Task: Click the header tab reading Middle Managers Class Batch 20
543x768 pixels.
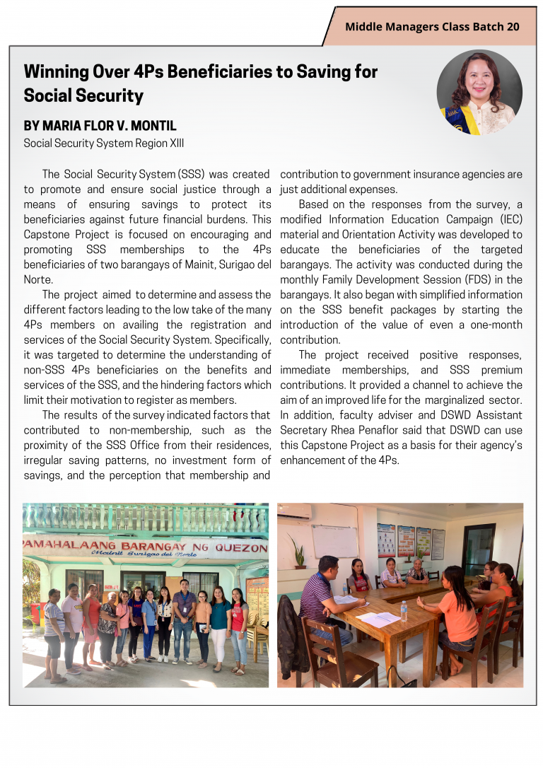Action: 432,27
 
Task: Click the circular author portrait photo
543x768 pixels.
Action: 479,92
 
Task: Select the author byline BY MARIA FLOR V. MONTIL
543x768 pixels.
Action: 100,126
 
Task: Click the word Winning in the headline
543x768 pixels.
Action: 56,71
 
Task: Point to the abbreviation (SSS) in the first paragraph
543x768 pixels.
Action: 191,174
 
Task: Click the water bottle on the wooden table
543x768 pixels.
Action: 404,610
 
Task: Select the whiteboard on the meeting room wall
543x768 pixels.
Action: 335,542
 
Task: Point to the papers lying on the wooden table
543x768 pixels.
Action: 378,619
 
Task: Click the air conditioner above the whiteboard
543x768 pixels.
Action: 297,510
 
